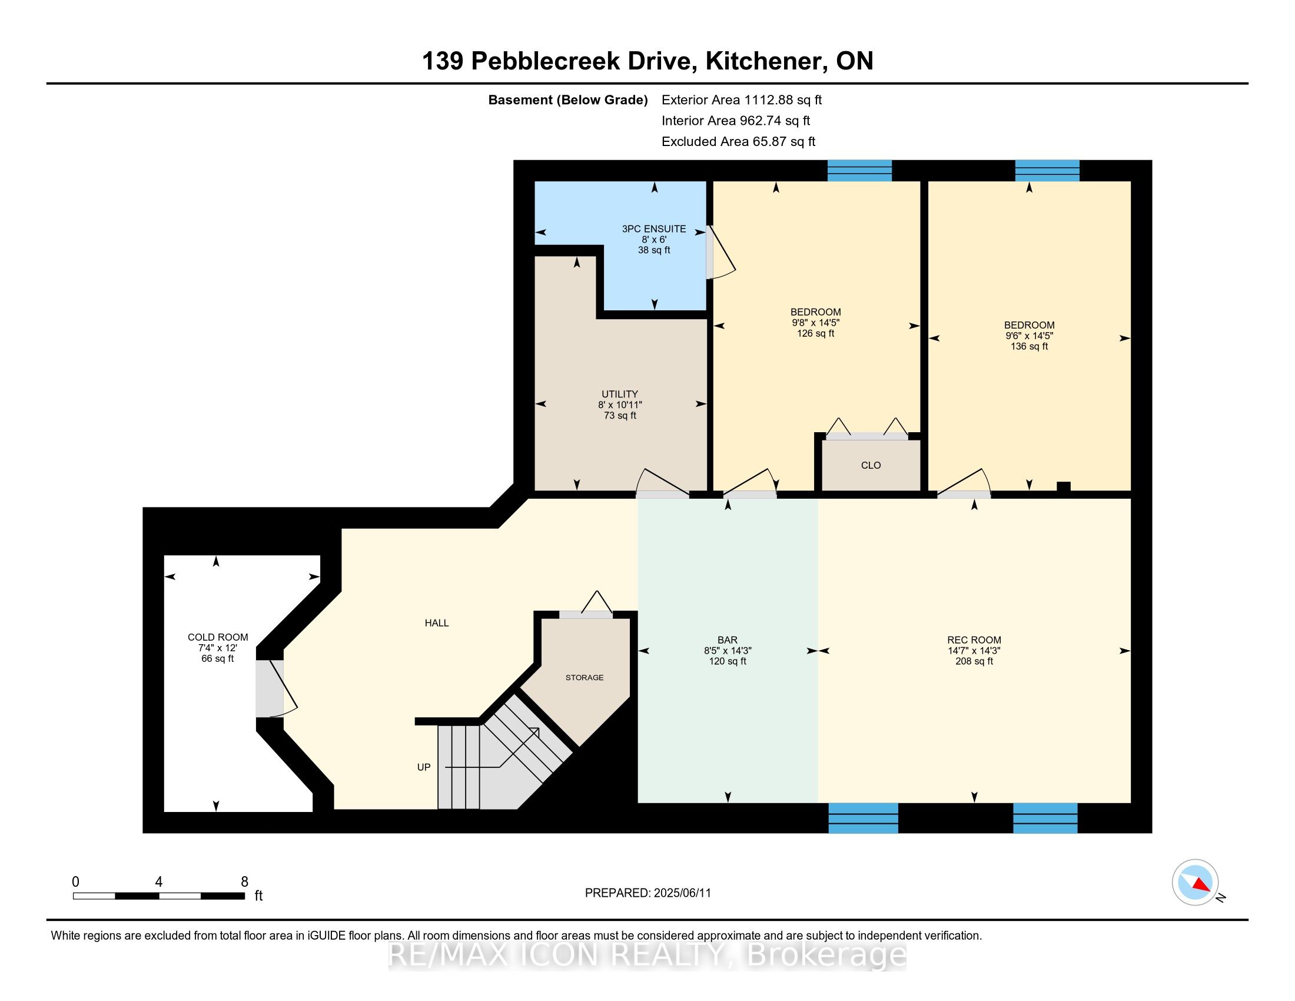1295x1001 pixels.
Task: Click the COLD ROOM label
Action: [x=218, y=637]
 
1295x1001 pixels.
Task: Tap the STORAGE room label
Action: [x=584, y=677]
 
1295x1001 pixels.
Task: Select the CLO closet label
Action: [x=871, y=466]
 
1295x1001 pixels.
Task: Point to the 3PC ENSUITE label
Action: [x=653, y=229]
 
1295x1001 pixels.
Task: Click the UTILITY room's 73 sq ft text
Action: [x=620, y=416]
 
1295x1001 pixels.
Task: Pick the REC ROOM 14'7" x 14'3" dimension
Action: [x=974, y=651]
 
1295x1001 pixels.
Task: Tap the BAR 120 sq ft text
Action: [x=727, y=661]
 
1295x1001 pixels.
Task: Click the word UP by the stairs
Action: [x=423, y=767]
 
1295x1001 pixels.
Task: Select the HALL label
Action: [x=436, y=622]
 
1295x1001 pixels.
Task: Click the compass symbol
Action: [x=1195, y=882]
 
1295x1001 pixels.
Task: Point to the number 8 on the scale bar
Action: [x=244, y=882]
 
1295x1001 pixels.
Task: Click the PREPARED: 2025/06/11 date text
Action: [x=647, y=893]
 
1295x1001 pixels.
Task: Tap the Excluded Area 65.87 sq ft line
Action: [x=738, y=142]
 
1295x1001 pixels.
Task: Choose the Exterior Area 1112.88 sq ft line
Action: [x=741, y=100]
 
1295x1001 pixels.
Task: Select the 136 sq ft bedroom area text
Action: [x=1029, y=346]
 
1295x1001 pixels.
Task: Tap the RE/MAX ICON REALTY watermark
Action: [x=647, y=955]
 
